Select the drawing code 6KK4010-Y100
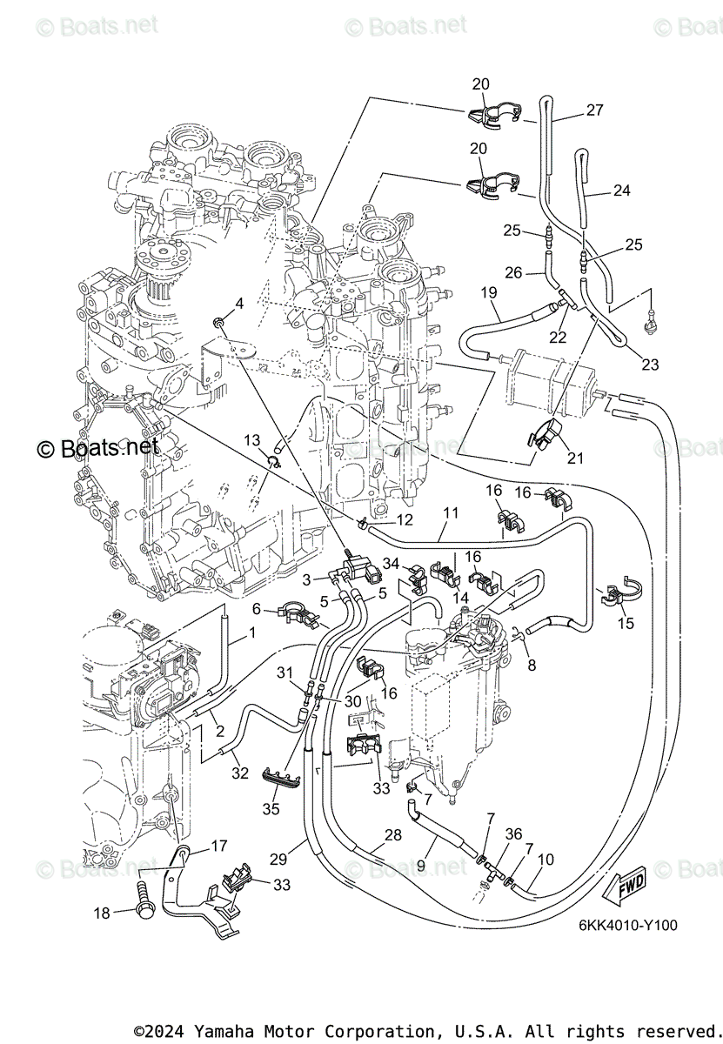pos(627,927)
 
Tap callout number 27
pos(594,110)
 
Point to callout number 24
pos(621,191)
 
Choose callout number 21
pos(575,458)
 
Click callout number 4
pos(238,303)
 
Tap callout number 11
pos(449,513)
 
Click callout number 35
pos(271,808)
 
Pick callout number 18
pos(103,913)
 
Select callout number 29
pos(278,859)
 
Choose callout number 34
pos(392,565)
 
